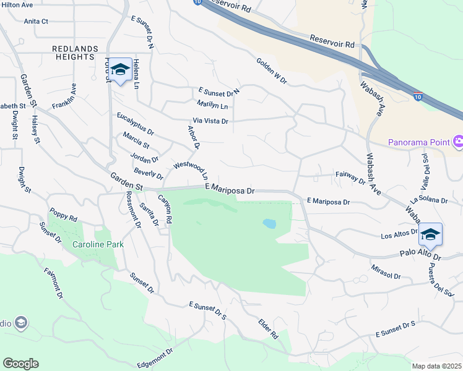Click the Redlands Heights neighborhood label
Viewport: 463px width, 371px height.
coord(74,52)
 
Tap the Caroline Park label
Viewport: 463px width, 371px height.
coord(98,244)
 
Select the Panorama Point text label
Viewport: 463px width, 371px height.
coord(418,142)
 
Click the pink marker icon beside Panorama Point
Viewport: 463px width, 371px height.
coord(458,142)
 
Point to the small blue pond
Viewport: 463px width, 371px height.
coord(269,223)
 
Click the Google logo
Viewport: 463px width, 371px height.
coord(20,364)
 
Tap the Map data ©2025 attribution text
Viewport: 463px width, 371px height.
coord(437,366)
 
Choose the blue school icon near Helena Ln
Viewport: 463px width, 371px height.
coord(120,69)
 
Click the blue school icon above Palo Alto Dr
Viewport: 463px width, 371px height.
coord(430,235)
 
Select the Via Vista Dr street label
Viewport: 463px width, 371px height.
coord(210,121)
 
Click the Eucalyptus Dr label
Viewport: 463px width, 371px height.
coord(135,124)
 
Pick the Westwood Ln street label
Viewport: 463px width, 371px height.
coord(194,170)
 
